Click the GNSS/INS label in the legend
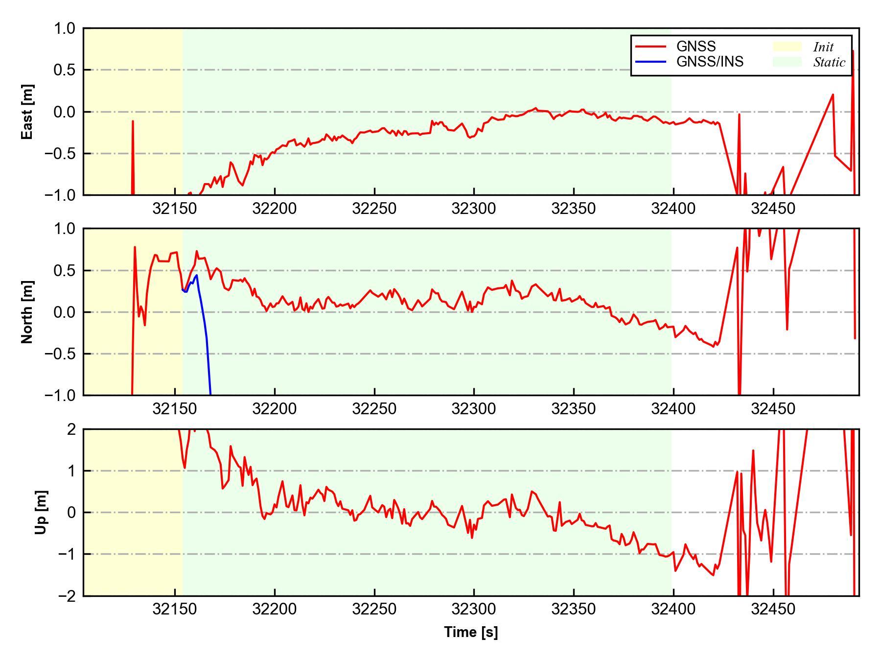(710, 62)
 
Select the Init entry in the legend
(823, 47)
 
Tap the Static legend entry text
(829, 62)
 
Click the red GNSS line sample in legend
(650, 47)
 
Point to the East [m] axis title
(27, 112)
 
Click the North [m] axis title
(27, 312)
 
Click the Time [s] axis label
(471, 632)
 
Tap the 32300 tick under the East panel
(474, 209)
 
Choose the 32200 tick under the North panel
(275, 408)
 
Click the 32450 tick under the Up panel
(773, 609)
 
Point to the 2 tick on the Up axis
(71, 429)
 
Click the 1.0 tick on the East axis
(65, 28)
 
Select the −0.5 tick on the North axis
(60, 354)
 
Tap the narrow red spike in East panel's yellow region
(133, 147)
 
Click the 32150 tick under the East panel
(175, 209)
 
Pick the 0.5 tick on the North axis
(65, 270)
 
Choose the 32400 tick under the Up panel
(673, 609)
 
